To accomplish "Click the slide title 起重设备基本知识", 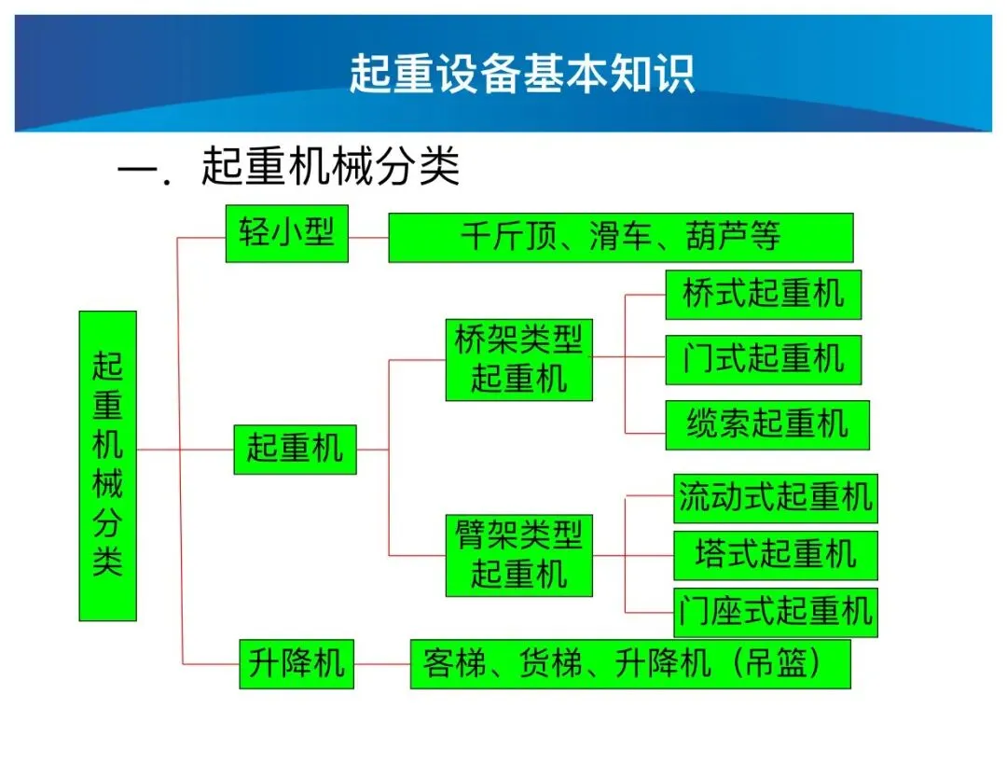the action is [521, 74].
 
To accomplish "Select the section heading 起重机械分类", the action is [331, 166].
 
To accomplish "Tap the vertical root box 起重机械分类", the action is [108, 465].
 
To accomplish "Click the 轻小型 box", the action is [287, 234].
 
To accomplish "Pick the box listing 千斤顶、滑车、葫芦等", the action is [621, 238].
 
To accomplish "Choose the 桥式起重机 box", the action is [764, 295].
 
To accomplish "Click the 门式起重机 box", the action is [764, 360].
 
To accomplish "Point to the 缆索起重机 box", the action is [767, 425].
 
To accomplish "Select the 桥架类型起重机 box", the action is [519, 360].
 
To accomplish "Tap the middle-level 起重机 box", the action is [295, 450].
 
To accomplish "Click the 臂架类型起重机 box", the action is [519, 556].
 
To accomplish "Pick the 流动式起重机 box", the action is [776, 498].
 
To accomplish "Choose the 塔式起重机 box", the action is [776, 556].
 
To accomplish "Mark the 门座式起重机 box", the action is [776, 612].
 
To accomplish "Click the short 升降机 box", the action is [297, 664].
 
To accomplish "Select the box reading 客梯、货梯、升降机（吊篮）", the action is [630, 664].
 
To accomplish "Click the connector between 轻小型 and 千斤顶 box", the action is [368, 238].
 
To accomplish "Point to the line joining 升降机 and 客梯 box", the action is [382, 664].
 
